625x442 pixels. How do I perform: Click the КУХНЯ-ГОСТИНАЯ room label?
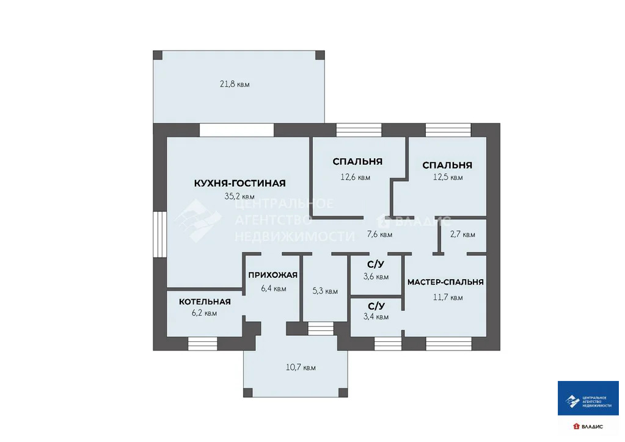[239, 183]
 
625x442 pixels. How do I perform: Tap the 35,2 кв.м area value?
[239, 197]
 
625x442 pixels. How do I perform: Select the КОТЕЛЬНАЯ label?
[205, 302]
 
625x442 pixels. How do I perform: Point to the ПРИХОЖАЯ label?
[272, 275]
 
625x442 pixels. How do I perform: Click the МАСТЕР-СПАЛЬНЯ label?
[445, 282]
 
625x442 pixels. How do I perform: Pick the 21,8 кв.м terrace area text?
[235, 84]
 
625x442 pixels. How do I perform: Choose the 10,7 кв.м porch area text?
[301, 368]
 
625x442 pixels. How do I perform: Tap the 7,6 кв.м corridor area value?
[379, 234]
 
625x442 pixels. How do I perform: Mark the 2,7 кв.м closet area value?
[462, 234]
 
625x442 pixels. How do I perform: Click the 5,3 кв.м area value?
[324, 291]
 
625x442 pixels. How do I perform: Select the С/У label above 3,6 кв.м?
[376, 264]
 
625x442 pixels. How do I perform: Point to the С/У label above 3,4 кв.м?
[376, 306]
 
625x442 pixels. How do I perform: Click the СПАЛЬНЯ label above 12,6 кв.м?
[357, 162]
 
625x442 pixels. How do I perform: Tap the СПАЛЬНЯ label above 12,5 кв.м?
[447, 165]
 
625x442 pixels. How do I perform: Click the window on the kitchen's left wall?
[159, 234]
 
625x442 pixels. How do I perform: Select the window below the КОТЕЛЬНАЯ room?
[202, 343]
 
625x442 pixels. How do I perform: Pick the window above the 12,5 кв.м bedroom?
[448, 130]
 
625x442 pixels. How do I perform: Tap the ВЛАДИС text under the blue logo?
[591, 426]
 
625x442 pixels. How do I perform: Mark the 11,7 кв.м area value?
[448, 298]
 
